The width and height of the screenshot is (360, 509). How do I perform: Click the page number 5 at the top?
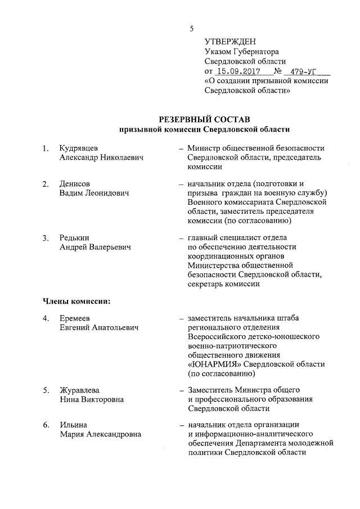[x=192, y=29]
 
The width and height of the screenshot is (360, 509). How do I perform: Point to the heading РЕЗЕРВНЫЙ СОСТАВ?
[x=204, y=119]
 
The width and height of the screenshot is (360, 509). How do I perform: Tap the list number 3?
[x=46, y=237]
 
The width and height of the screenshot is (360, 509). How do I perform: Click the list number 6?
[x=46, y=425]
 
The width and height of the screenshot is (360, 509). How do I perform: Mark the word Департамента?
[x=265, y=443]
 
